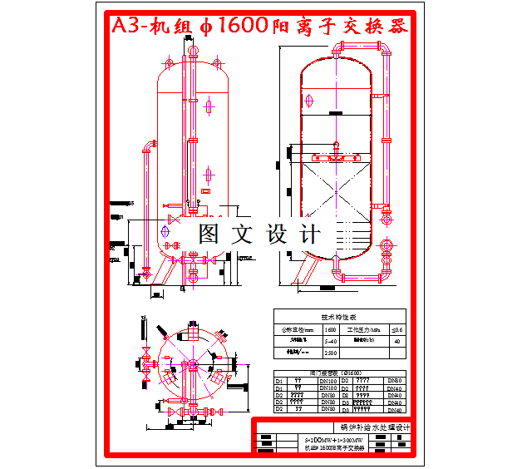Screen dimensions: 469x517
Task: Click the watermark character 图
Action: point(208,233)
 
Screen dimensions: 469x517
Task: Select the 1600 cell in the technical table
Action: point(330,330)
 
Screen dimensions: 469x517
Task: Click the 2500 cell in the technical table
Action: point(330,353)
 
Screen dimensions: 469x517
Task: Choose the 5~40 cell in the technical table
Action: point(330,341)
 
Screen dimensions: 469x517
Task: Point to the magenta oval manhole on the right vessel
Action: point(309,101)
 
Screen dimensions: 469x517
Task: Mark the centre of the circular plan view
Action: point(190,366)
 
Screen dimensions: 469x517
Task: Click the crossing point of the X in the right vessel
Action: point(337,176)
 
